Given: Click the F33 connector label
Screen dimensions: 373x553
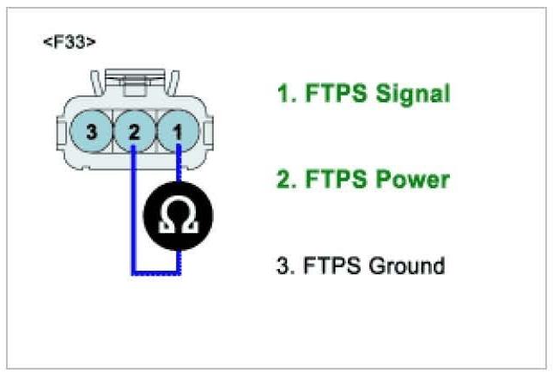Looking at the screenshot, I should [69, 43].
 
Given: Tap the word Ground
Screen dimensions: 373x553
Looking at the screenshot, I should [406, 266].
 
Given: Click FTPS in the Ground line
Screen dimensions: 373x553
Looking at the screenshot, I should [331, 266].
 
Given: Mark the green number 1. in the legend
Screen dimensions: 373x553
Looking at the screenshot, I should [283, 94].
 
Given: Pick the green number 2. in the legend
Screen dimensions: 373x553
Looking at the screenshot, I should [284, 180].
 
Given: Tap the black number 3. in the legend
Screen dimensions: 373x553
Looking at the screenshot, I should [284, 266].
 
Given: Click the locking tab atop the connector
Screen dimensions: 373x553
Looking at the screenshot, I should [133, 83].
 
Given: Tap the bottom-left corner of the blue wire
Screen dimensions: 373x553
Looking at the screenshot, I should [134, 273].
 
